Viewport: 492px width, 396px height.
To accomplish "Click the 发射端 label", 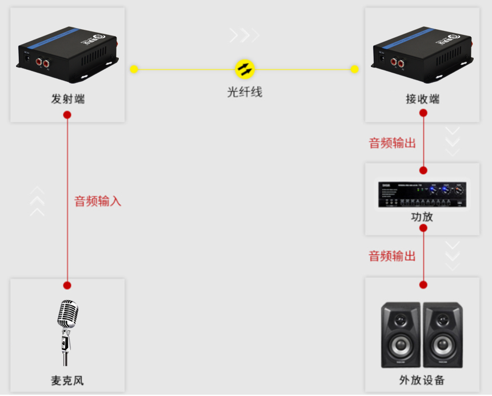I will click(x=67, y=99).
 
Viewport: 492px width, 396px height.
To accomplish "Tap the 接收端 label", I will click(x=423, y=99).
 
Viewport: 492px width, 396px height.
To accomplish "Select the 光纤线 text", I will click(x=245, y=92).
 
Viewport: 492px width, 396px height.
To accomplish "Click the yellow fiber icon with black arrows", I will click(x=245, y=69).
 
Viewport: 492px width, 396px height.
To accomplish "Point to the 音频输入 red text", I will click(x=98, y=201).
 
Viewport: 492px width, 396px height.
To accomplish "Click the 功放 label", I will click(x=422, y=217).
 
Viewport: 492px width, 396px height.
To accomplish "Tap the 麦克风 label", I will click(x=67, y=381).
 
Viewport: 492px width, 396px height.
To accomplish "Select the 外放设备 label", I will click(x=422, y=381).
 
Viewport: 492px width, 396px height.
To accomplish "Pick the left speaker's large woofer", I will click(x=401, y=345).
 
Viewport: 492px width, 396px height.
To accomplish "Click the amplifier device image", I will click(x=422, y=195).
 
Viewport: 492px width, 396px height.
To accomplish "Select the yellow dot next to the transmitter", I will click(x=134, y=69).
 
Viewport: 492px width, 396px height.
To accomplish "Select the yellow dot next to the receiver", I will click(x=354, y=69).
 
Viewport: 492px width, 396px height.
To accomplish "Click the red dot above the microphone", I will click(x=67, y=285).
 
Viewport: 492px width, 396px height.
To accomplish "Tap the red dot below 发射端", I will click(x=67, y=114).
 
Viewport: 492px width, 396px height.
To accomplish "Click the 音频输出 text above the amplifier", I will click(x=392, y=143).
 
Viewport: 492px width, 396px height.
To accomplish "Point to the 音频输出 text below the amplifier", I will click(x=392, y=256).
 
